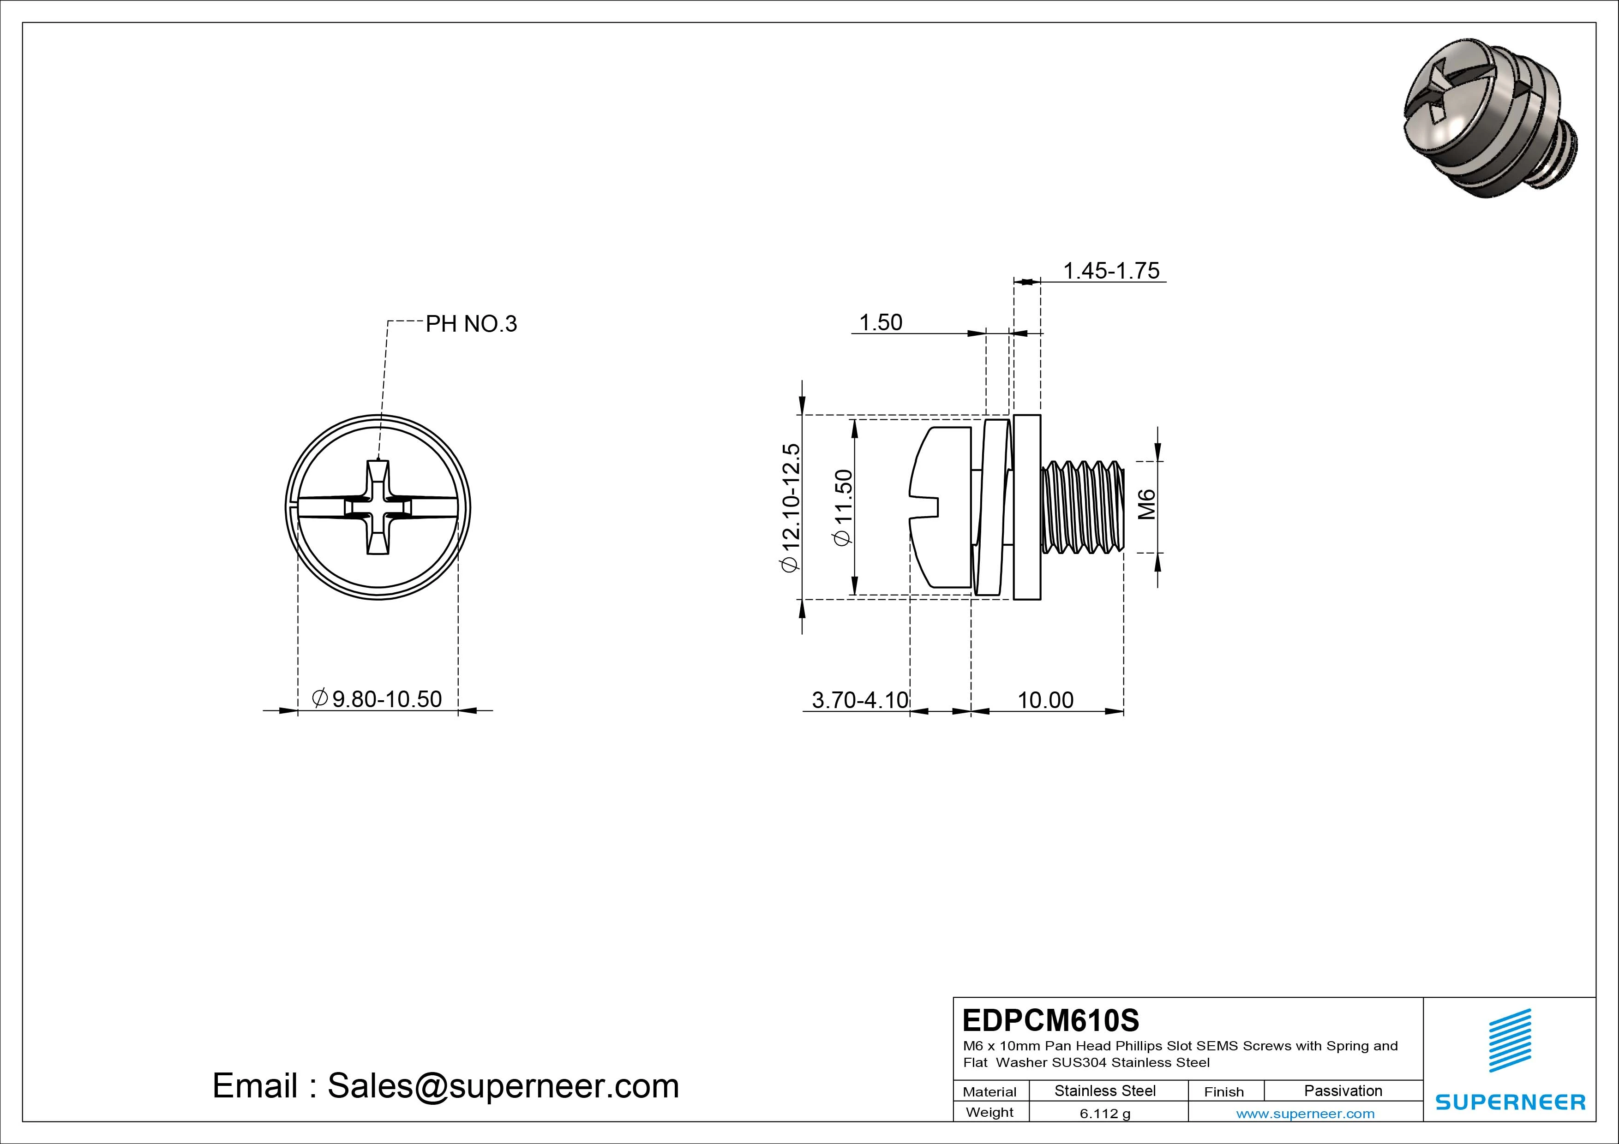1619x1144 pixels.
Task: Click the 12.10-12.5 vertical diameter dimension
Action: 791,507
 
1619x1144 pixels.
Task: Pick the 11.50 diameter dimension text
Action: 843,507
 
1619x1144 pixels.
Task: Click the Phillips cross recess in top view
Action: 378,507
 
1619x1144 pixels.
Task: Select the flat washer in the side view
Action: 1027,507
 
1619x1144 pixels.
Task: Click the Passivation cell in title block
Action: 1343,1090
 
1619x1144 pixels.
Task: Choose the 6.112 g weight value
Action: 1105,1114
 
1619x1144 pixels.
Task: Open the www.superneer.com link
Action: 1305,1114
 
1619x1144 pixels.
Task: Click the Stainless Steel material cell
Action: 1105,1090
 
